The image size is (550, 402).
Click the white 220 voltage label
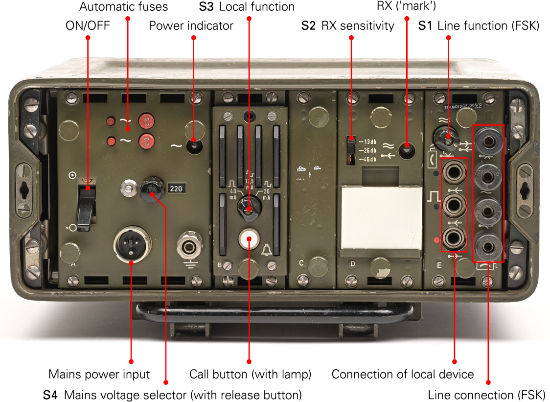(x=175, y=189)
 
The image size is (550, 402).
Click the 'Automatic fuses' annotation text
(x=123, y=7)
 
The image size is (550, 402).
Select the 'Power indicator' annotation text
(x=191, y=25)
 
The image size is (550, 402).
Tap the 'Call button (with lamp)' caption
(x=250, y=375)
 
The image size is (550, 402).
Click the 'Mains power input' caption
(x=99, y=375)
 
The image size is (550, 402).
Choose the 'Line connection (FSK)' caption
(x=486, y=395)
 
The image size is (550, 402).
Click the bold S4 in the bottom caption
(x=50, y=395)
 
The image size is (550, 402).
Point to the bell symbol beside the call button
(x=267, y=251)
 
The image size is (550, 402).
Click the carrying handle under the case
(x=274, y=313)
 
